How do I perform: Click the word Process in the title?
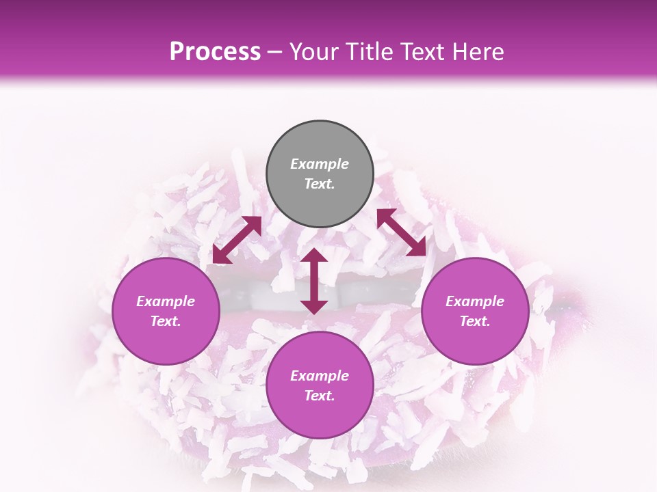pyautogui.click(x=215, y=52)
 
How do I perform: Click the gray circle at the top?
pyautogui.click(x=320, y=174)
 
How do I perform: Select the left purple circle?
pyautogui.click(x=166, y=311)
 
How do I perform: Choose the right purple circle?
pyautogui.click(x=475, y=311)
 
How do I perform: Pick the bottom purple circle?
pyautogui.click(x=320, y=385)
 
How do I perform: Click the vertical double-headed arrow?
pyautogui.click(x=314, y=281)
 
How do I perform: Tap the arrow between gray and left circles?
pyautogui.click(x=237, y=240)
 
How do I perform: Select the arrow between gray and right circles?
pyautogui.click(x=401, y=232)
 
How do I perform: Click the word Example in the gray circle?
pyautogui.click(x=320, y=164)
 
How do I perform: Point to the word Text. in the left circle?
pyautogui.click(x=166, y=321)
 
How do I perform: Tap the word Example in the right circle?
pyautogui.click(x=475, y=301)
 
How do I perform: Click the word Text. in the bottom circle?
pyautogui.click(x=320, y=396)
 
